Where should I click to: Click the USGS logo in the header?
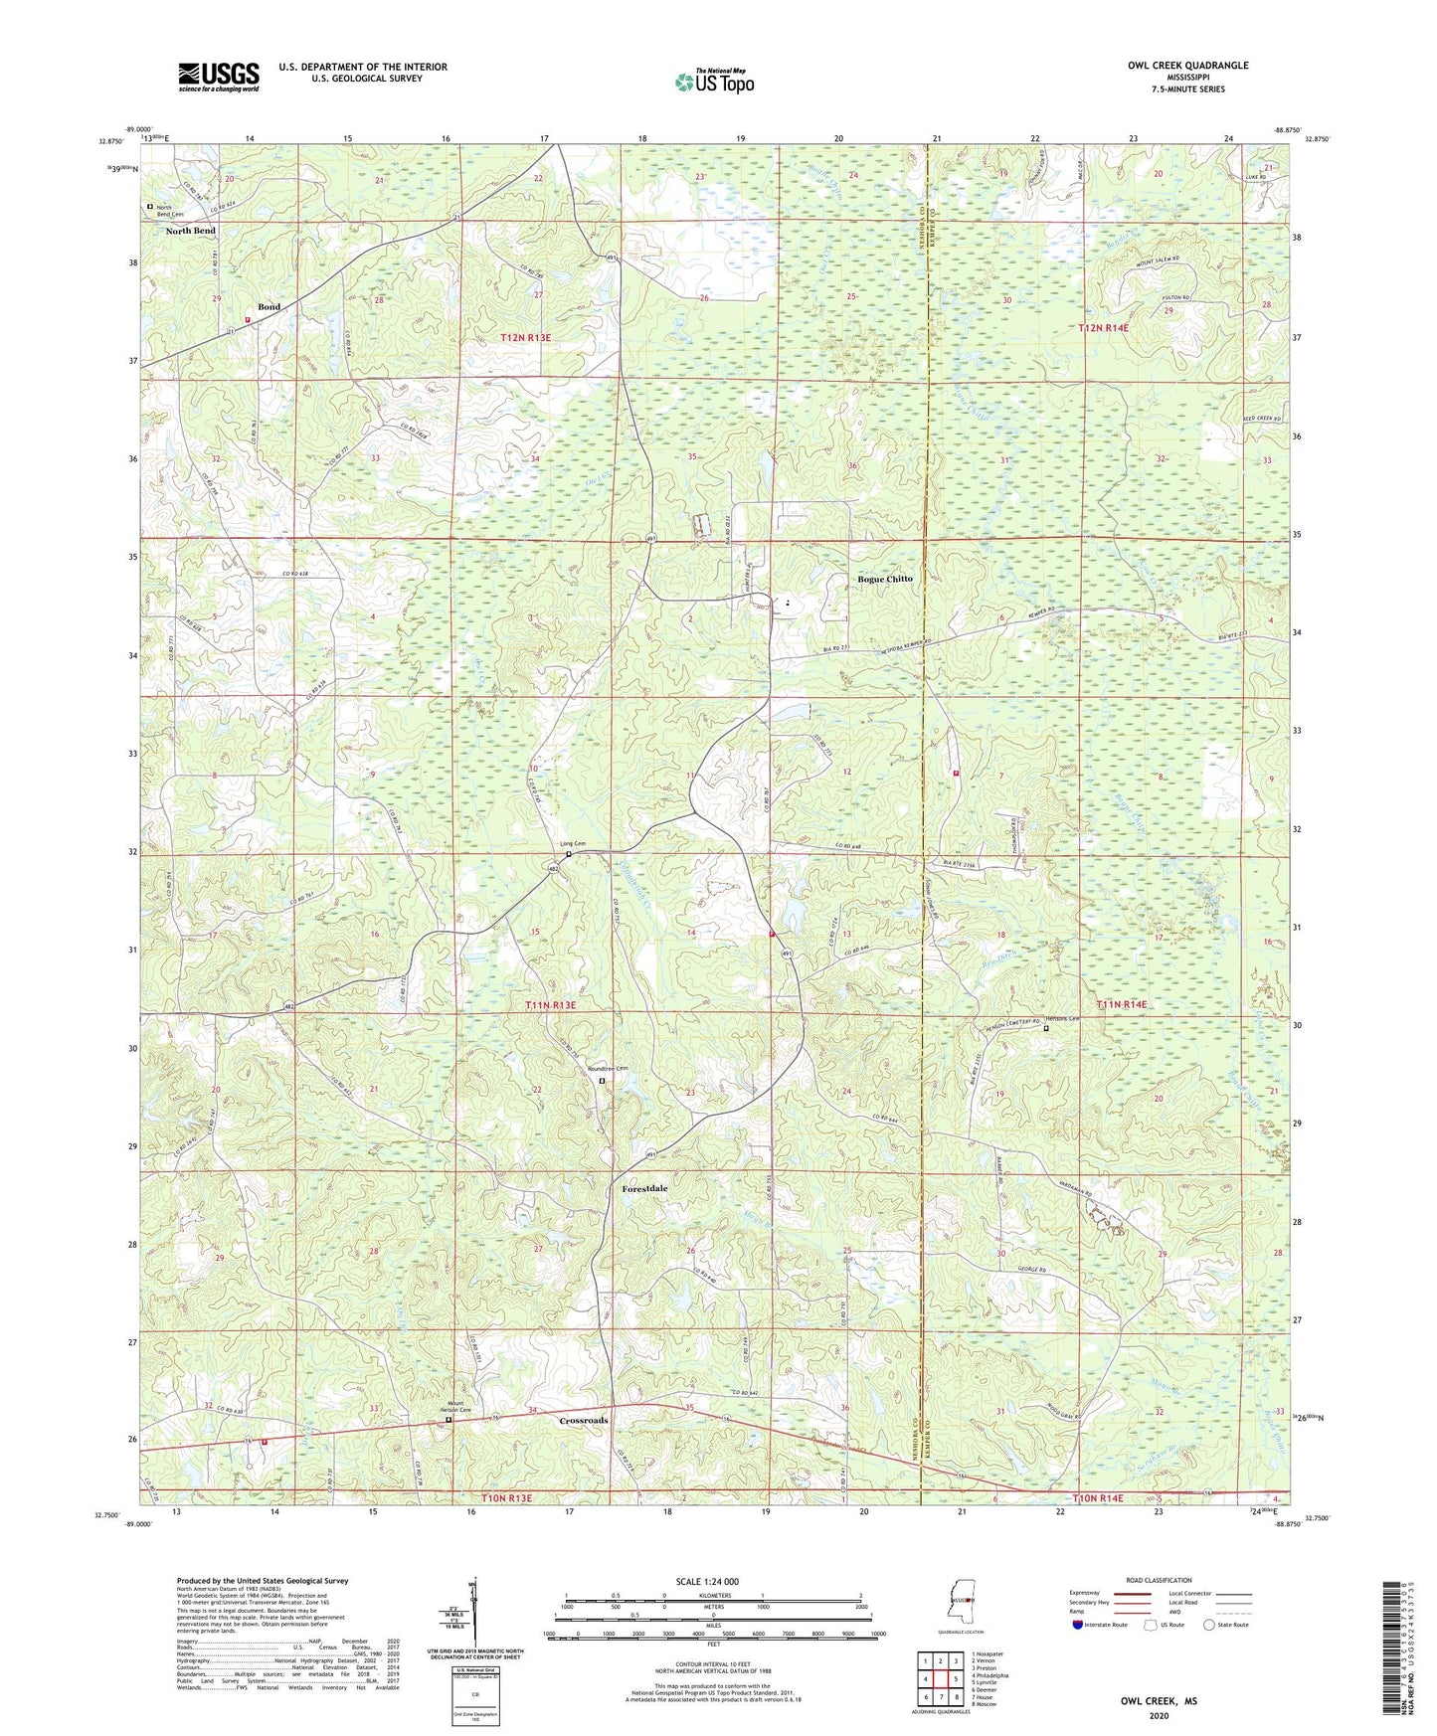tap(218, 77)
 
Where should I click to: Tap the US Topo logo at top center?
tap(713, 82)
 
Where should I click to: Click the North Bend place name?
tap(190, 231)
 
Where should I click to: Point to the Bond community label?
tap(269, 307)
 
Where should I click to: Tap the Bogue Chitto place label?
tap(884, 579)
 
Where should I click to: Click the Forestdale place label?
tap(644, 1189)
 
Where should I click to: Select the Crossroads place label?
tap(583, 1421)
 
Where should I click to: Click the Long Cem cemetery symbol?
tap(568, 854)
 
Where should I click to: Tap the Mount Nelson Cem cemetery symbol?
tap(449, 1420)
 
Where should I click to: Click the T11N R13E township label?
tap(550, 1005)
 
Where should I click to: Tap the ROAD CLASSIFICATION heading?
tap(1159, 1580)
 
